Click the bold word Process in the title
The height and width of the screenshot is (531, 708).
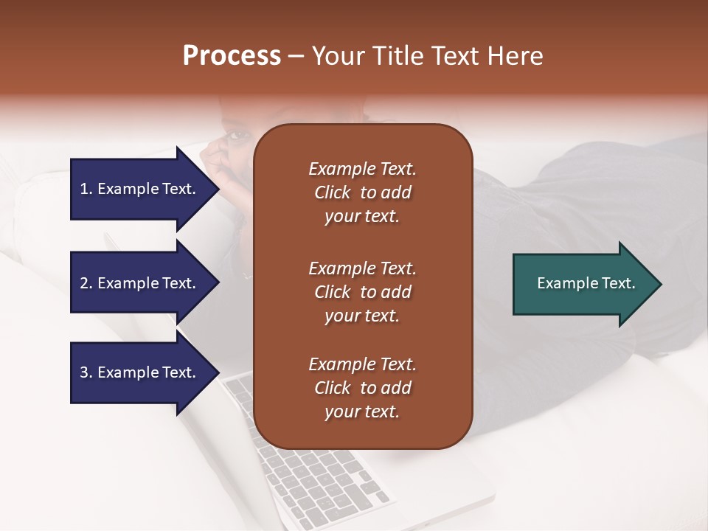click(x=232, y=56)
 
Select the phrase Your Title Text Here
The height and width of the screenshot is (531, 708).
click(x=428, y=56)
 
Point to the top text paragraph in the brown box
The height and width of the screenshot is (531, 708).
click(x=362, y=192)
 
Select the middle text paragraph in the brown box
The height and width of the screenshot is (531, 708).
click(x=362, y=292)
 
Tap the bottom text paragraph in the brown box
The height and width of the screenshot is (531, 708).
click(x=362, y=388)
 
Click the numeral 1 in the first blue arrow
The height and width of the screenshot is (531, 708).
click(x=84, y=189)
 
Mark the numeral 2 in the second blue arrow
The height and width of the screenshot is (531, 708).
click(x=84, y=283)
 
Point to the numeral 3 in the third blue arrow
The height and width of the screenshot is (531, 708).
click(x=84, y=372)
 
